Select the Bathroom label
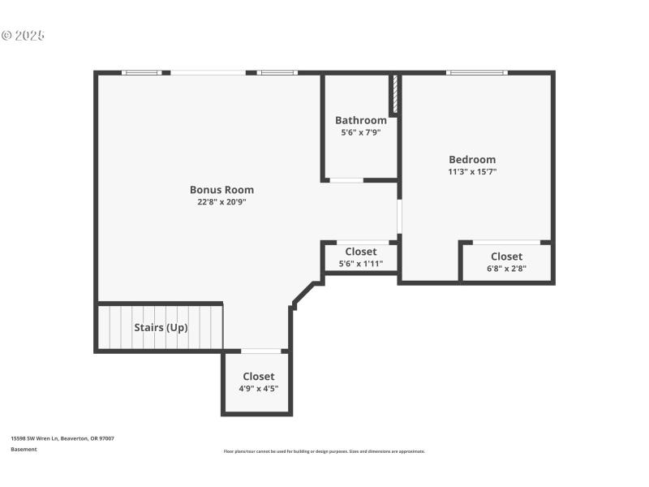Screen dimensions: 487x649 click(x=360, y=120)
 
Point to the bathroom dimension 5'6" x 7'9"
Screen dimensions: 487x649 click(x=360, y=132)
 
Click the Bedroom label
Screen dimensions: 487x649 click(x=472, y=159)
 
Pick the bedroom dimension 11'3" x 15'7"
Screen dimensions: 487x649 click(x=472, y=171)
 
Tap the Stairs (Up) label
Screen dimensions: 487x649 click(x=161, y=328)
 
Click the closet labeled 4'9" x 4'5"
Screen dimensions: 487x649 click(x=258, y=382)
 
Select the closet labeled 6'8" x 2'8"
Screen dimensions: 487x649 click(x=506, y=262)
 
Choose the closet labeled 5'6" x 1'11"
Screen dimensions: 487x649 click(x=360, y=257)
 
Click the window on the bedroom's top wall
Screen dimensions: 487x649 click(x=477, y=73)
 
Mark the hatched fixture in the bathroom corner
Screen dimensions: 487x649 click(x=395, y=95)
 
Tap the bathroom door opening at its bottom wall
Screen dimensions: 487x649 click(x=346, y=179)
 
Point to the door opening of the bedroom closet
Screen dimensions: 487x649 click(x=506, y=242)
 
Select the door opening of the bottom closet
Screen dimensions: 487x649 click(x=261, y=351)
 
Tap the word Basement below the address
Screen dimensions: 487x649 click(x=24, y=449)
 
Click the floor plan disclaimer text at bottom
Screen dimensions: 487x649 click(x=324, y=451)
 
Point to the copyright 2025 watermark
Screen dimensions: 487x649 click(x=23, y=36)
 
